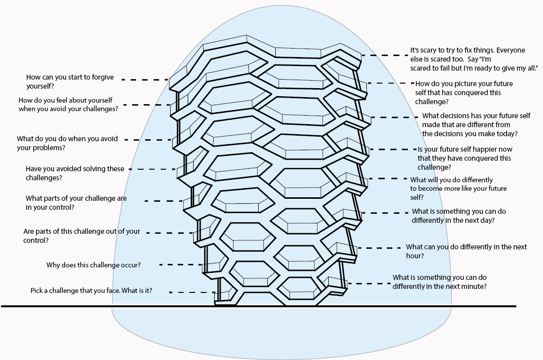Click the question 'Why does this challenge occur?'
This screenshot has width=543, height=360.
94,265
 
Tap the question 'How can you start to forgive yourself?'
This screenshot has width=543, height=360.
70,82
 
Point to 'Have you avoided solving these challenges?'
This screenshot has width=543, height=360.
75,173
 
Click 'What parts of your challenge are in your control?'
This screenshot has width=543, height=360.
76,203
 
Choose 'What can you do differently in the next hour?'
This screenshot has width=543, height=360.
466,251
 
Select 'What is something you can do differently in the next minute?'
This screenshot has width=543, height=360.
440,282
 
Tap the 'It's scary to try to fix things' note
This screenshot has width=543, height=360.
474,59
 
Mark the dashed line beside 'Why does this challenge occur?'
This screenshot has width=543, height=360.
181,265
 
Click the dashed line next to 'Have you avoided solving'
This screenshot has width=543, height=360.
152,169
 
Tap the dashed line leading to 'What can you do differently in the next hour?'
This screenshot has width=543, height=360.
378,248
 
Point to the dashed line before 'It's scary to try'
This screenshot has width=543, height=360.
385,55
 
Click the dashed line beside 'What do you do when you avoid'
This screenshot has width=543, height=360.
148,140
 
